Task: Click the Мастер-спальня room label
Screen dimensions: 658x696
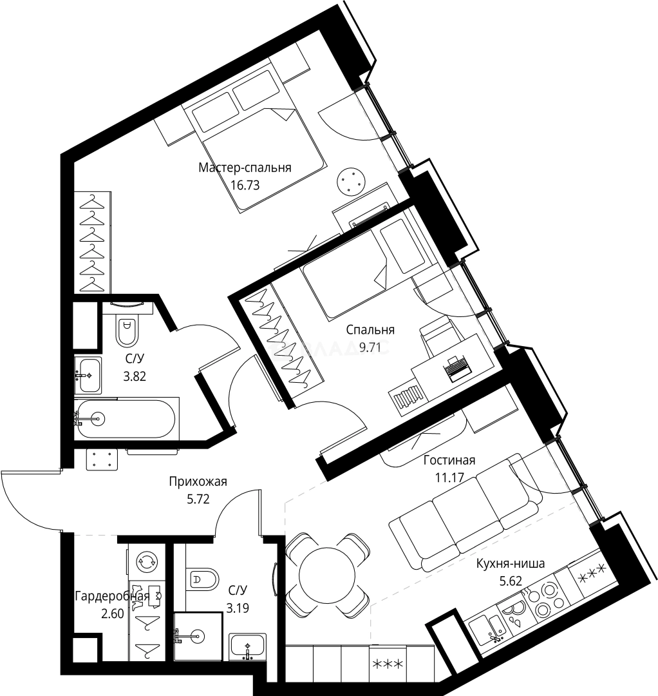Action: (x=245, y=168)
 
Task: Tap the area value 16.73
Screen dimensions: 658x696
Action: (x=245, y=185)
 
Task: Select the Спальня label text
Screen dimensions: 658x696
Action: (x=370, y=330)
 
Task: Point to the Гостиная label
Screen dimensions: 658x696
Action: (x=449, y=460)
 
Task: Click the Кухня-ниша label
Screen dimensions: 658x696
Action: (x=511, y=564)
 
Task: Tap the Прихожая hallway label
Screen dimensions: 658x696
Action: (x=198, y=481)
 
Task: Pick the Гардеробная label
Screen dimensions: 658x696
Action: (x=112, y=595)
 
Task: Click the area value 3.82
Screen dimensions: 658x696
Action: (x=135, y=376)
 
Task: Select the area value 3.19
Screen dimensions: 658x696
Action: (x=238, y=608)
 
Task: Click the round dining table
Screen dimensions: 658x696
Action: (x=327, y=575)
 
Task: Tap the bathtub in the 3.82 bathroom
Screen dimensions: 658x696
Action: (x=126, y=419)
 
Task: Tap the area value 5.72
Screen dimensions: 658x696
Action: (x=198, y=499)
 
